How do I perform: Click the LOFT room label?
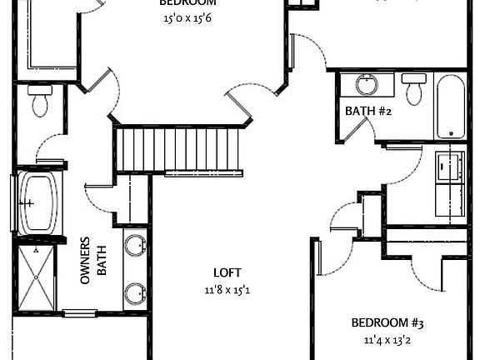[x=227, y=272]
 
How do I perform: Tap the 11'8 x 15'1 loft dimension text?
[x=227, y=290]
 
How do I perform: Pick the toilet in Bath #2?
[x=413, y=88]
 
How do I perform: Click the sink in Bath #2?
[x=367, y=85]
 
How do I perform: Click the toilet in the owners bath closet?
[x=38, y=102]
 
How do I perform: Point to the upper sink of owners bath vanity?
[x=135, y=246]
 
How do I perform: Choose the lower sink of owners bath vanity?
[x=135, y=293]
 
